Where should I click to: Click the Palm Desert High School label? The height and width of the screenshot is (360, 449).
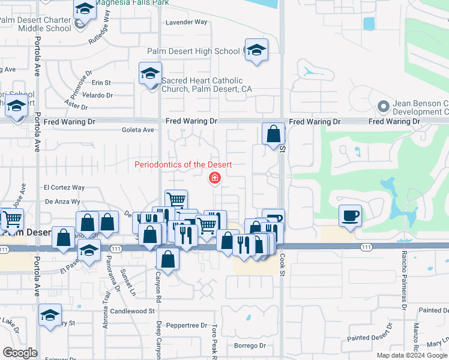coord(193,51)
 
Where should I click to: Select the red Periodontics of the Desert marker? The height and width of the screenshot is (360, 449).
coord(214,178)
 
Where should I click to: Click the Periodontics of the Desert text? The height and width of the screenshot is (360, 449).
coord(183,164)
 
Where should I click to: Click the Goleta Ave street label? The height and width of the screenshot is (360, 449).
coord(138,130)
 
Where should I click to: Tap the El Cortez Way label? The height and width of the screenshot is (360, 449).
coord(64,187)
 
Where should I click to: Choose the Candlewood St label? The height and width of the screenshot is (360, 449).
coord(133,311)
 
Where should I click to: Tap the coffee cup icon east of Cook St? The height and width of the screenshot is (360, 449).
coord(350,215)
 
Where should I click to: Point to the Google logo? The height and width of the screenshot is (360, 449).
coord(20,353)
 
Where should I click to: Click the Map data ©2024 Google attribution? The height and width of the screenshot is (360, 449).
coord(412,355)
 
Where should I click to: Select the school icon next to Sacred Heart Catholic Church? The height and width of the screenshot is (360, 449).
coord(149,74)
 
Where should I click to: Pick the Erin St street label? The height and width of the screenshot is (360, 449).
coord(101,83)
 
